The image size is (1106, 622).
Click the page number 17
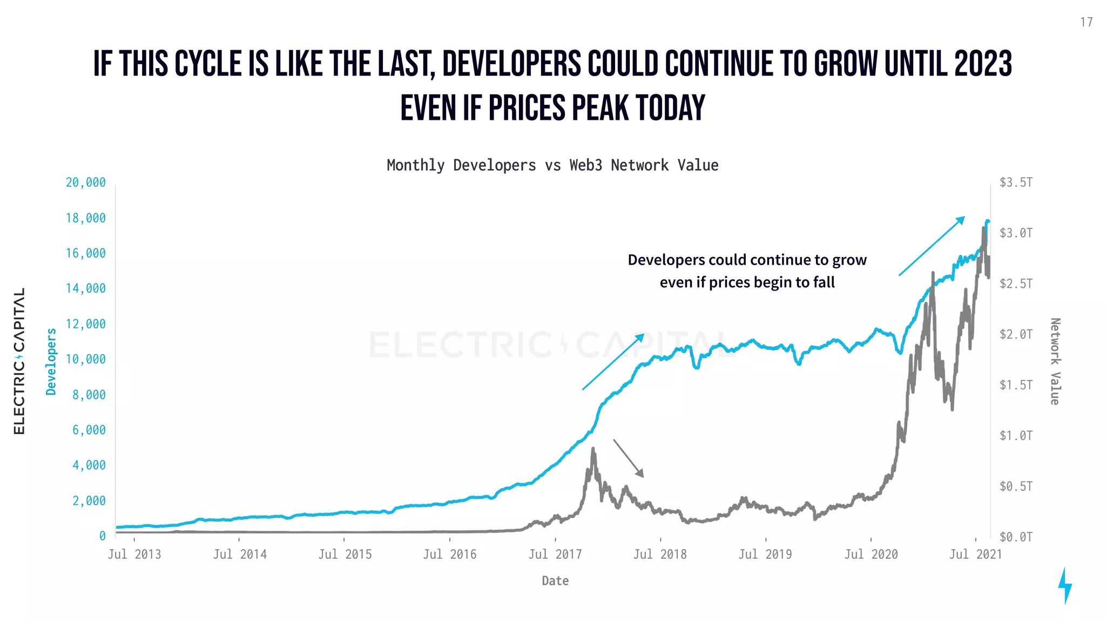pyautogui.click(x=1086, y=22)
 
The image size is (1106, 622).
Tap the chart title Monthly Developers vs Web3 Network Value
pyautogui.click(x=552, y=165)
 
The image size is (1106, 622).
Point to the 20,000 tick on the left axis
pyautogui.click(x=86, y=182)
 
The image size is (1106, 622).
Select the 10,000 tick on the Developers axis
pyautogui.click(x=86, y=359)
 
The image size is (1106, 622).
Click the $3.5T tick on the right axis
pyautogui.click(x=1016, y=182)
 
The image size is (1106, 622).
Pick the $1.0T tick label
pyautogui.click(x=1016, y=436)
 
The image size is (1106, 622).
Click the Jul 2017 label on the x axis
pyautogui.click(x=555, y=555)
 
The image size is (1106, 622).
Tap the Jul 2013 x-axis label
pyautogui.click(x=134, y=555)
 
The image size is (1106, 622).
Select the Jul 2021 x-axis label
pyautogui.click(x=975, y=555)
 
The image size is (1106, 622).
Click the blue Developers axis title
pyautogui.click(x=51, y=361)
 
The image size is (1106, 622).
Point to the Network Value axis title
pyautogui.click(x=1055, y=361)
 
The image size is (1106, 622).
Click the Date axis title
pyautogui.click(x=555, y=581)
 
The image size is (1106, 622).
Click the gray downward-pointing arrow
pyautogui.click(x=628, y=458)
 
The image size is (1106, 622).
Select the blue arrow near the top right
pyautogui.click(x=932, y=246)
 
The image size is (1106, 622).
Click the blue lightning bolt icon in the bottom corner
pyautogui.click(x=1064, y=585)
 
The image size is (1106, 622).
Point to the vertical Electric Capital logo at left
pyautogui.click(x=19, y=361)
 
